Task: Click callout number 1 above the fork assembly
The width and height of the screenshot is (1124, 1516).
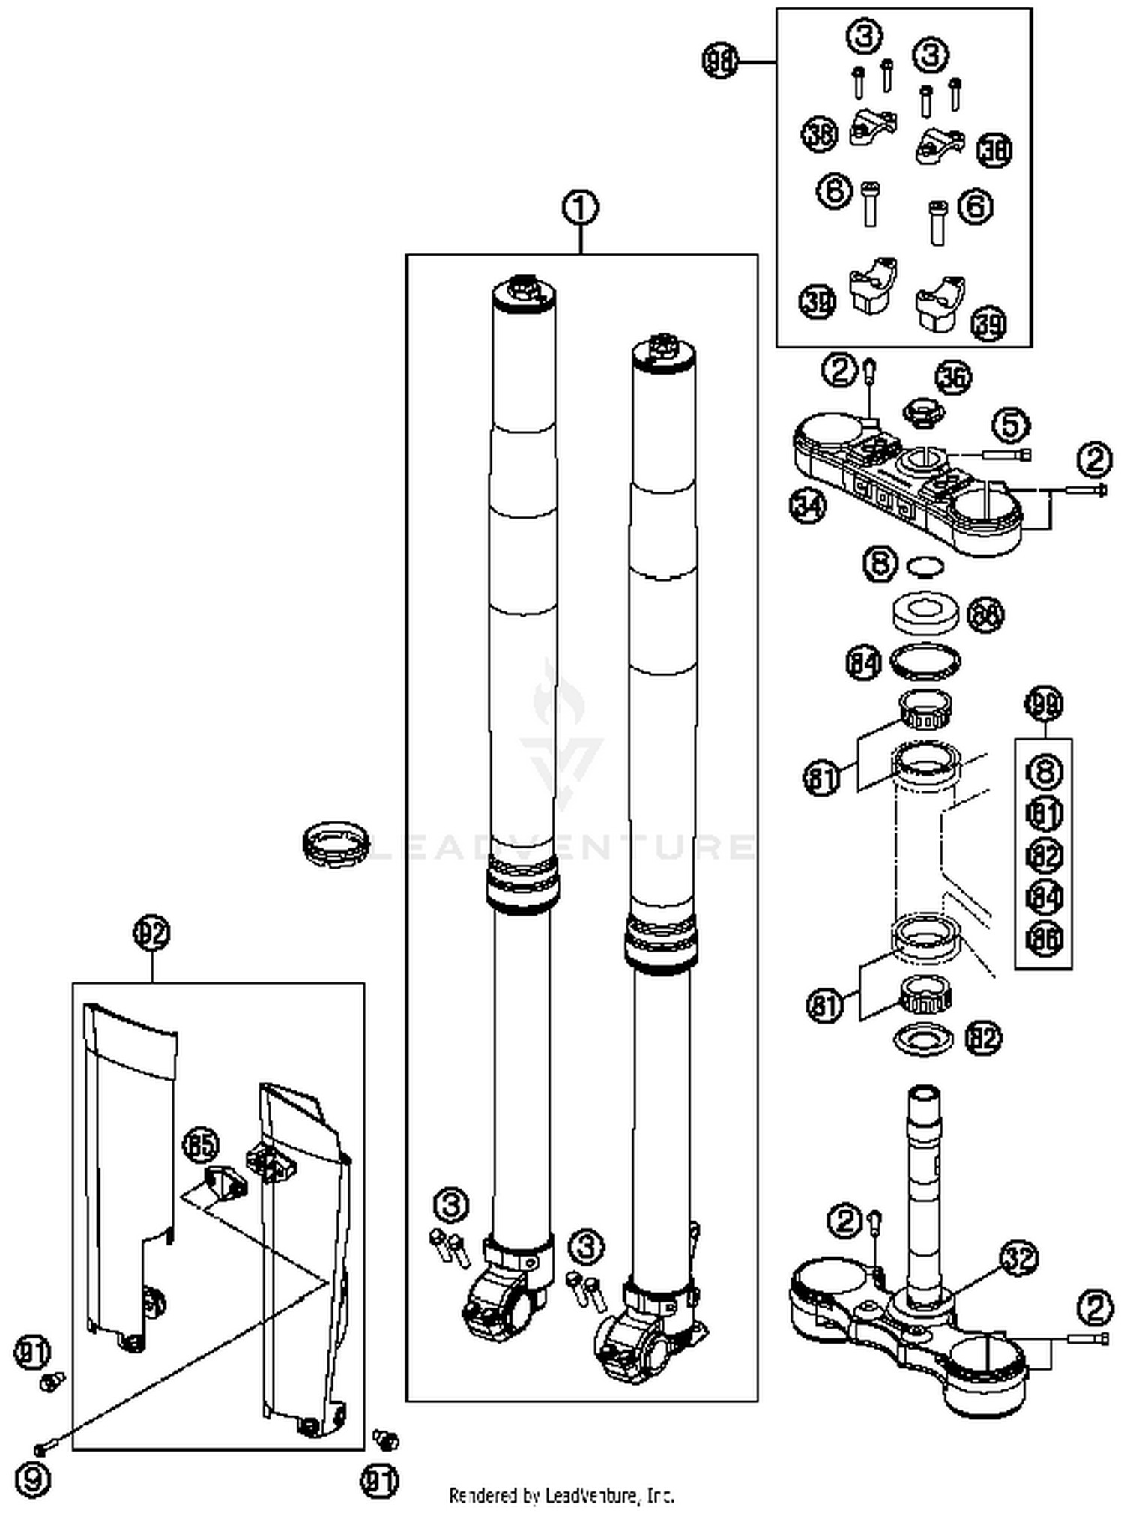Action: pos(581,208)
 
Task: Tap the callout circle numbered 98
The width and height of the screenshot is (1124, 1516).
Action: pos(720,61)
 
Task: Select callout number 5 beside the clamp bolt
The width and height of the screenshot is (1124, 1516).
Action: pos(1010,426)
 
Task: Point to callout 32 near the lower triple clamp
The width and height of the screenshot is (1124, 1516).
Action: pos(1019,1259)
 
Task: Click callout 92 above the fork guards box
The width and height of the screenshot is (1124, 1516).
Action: pos(152,933)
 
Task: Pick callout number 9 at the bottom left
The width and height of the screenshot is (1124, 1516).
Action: pos(33,1481)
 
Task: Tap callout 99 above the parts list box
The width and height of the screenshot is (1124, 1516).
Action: pos(1044,704)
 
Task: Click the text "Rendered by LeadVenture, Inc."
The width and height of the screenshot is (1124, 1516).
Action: pos(561,1496)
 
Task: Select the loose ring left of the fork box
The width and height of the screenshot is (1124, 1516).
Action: pos(336,844)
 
